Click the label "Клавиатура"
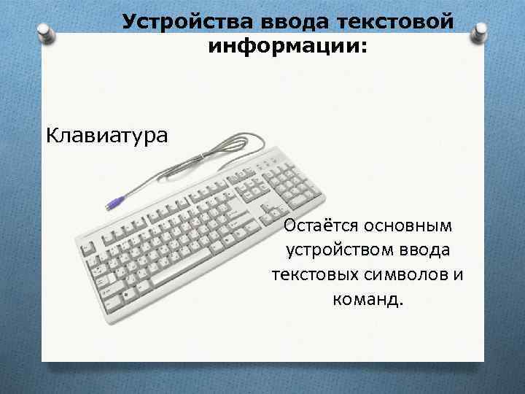coord(106,135)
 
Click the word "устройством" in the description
coord(341,250)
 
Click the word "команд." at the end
coord(368,300)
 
